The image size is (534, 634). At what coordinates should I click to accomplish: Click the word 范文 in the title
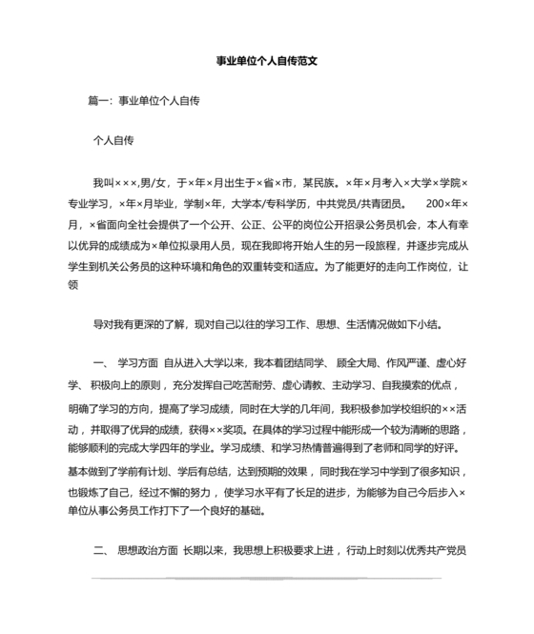(x=304, y=58)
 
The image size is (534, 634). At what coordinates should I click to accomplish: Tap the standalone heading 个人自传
(x=113, y=140)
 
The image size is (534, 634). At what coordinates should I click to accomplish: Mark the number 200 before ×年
(x=435, y=202)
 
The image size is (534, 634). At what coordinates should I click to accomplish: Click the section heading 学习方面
(x=136, y=365)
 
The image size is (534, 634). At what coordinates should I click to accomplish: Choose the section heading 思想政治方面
(x=147, y=551)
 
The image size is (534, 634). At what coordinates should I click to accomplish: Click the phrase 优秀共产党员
(x=432, y=551)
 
